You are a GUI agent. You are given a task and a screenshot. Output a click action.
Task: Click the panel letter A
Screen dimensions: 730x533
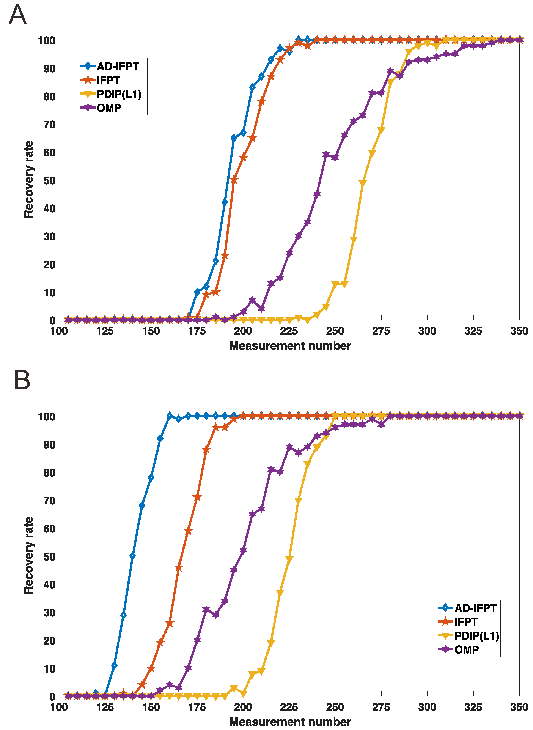(x=17, y=15)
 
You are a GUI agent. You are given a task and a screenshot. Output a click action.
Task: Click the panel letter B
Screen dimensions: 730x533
(x=22, y=380)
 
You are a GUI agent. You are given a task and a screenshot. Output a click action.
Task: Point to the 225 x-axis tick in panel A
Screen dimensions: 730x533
(x=289, y=331)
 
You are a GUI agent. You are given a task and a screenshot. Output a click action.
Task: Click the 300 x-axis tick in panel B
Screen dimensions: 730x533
(x=427, y=707)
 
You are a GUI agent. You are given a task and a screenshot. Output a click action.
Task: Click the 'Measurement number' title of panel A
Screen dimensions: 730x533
(x=290, y=346)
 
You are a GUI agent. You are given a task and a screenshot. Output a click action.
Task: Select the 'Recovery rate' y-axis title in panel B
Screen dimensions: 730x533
(x=29, y=555)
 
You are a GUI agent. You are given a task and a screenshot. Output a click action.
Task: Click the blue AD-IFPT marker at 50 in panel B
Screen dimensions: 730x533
(x=132, y=556)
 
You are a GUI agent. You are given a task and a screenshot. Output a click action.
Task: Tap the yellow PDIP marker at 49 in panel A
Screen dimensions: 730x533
(x=362, y=183)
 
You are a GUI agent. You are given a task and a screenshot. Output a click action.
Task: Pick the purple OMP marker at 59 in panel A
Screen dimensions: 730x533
(x=326, y=155)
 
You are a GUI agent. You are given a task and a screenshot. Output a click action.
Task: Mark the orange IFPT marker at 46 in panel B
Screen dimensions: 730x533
(x=178, y=568)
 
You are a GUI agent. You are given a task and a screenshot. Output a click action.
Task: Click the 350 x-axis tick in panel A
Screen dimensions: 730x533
(x=519, y=331)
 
